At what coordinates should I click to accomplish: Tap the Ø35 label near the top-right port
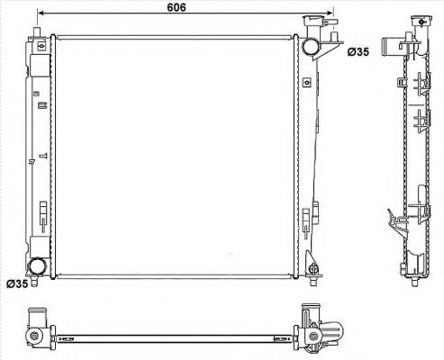tap(358, 52)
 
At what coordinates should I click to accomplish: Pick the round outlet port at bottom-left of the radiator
tap(39, 266)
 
